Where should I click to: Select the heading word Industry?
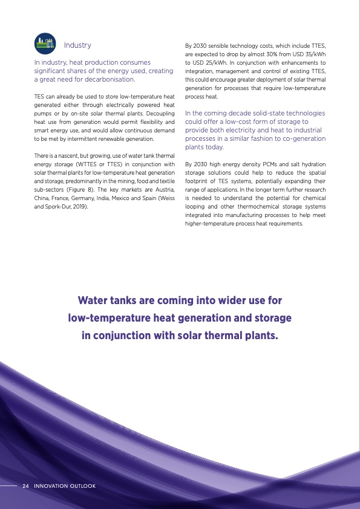77,45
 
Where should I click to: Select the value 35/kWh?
314,54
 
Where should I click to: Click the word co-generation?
301,138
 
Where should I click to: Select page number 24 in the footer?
26,486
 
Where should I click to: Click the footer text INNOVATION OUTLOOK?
65,486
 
